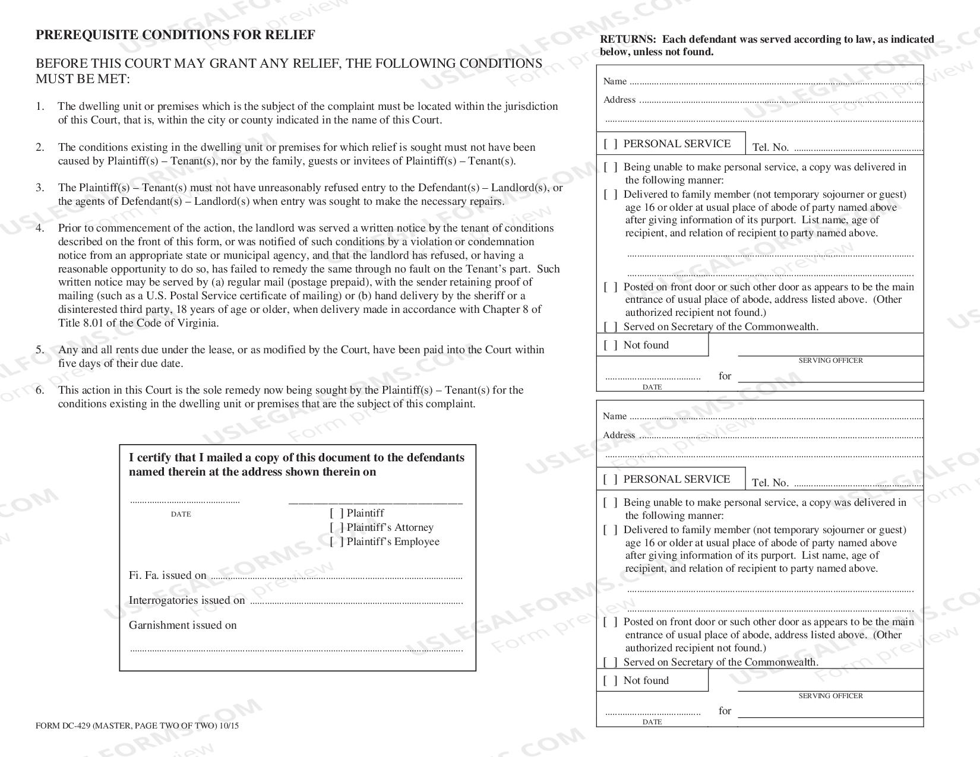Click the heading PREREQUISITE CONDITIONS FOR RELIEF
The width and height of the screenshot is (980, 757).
point(175,35)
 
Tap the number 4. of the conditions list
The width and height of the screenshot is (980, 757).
point(40,228)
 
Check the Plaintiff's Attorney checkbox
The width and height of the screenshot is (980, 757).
point(337,527)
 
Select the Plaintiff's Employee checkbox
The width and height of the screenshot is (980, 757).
point(337,541)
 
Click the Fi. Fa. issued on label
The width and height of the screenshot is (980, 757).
point(167,575)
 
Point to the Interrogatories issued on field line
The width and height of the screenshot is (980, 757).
point(356,602)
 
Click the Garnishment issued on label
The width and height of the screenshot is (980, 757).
point(182,625)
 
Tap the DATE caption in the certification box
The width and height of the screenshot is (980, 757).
point(181,514)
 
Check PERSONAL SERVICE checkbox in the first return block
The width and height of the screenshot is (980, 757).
point(611,144)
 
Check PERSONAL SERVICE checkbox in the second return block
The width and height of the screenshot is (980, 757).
point(611,479)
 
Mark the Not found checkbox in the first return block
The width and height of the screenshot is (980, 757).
point(611,345)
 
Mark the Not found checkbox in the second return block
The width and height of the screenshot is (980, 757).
point(611,680)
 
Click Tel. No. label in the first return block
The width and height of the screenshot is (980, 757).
point(770,147)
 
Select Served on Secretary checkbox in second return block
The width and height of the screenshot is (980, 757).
point(611,662)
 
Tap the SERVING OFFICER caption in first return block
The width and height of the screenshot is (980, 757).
point(830,360)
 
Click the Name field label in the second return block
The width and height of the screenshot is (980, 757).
point(615,416)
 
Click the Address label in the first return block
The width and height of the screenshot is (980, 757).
point(619,100)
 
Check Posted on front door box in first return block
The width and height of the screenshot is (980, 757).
point(611,287)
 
